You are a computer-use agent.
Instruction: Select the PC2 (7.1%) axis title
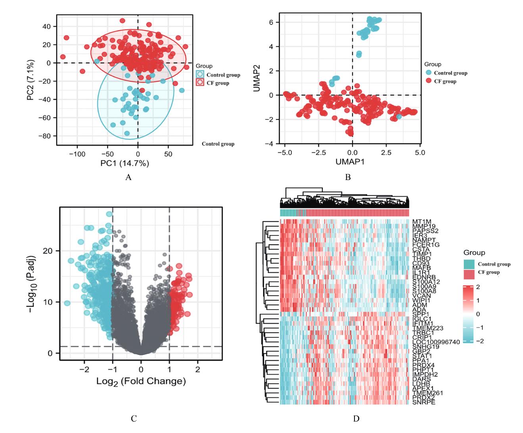31,80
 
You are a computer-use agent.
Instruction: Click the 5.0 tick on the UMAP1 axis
420,153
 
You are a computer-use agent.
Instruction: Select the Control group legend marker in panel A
200,75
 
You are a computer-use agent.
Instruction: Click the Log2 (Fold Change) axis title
141,381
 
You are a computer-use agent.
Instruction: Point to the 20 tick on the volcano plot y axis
48,251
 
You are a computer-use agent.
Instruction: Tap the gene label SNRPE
424,402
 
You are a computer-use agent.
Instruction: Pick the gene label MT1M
421,221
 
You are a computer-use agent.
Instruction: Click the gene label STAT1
422,356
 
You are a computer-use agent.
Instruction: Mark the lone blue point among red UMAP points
399,116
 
